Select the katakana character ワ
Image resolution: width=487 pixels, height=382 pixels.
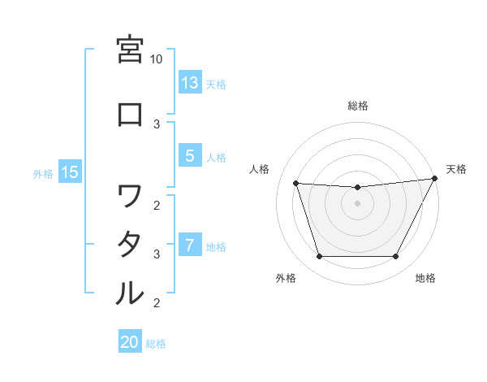click(130, 195)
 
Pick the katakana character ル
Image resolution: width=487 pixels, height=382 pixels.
click(130, 293)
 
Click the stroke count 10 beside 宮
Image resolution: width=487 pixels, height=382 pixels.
click(157, 59)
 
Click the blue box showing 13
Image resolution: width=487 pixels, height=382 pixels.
click(190, 83)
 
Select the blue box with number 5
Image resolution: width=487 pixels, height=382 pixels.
click(190, 156)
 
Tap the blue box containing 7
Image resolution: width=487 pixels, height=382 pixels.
click(190, 245)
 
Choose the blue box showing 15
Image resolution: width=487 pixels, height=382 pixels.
click(70, 172)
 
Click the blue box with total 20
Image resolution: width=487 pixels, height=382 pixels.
click(130, 342)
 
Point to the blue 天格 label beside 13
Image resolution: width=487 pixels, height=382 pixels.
click(215, 84)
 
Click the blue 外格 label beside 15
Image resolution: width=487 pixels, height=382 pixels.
click(43, 173)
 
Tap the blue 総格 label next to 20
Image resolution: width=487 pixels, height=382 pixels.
click(156, 344)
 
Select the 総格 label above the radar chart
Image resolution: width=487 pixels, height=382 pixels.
click(357, 106)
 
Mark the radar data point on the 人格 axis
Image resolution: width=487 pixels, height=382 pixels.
click(295, 183)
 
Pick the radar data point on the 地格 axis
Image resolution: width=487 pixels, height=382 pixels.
click(396, 257)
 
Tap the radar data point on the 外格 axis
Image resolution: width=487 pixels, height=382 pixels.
click(319, 257)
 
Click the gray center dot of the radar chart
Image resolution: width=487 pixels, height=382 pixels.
click(357, 203)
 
